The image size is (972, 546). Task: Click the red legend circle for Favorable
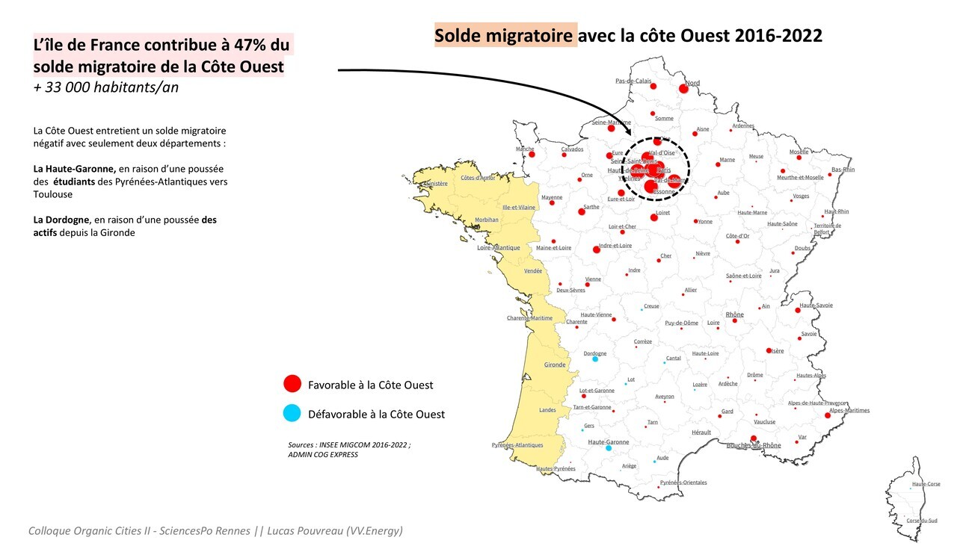[292, 384]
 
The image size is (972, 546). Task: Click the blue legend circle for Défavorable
[292, 413]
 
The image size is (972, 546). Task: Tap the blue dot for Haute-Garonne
[608, 448]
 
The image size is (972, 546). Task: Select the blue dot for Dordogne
[595, 359]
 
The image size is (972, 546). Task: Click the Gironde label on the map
[555, 364]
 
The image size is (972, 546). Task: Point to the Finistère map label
[435, 183]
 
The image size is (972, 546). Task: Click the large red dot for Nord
[683, 89]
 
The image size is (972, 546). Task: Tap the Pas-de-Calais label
[633, 81]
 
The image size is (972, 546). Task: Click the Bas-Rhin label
[843, 170]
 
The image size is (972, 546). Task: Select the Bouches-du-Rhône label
[754, 446]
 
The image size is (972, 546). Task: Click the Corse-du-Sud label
[921, 520]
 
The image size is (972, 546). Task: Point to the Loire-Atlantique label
[499, 247]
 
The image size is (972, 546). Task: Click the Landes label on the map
[547, 410]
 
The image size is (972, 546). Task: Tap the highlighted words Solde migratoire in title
[505, 35]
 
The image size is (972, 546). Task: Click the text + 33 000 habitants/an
[106, 87]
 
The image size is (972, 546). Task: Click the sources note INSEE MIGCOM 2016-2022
[349, 444]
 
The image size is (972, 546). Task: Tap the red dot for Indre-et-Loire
[597, 249]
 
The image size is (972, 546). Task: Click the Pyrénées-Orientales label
[683, 483]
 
